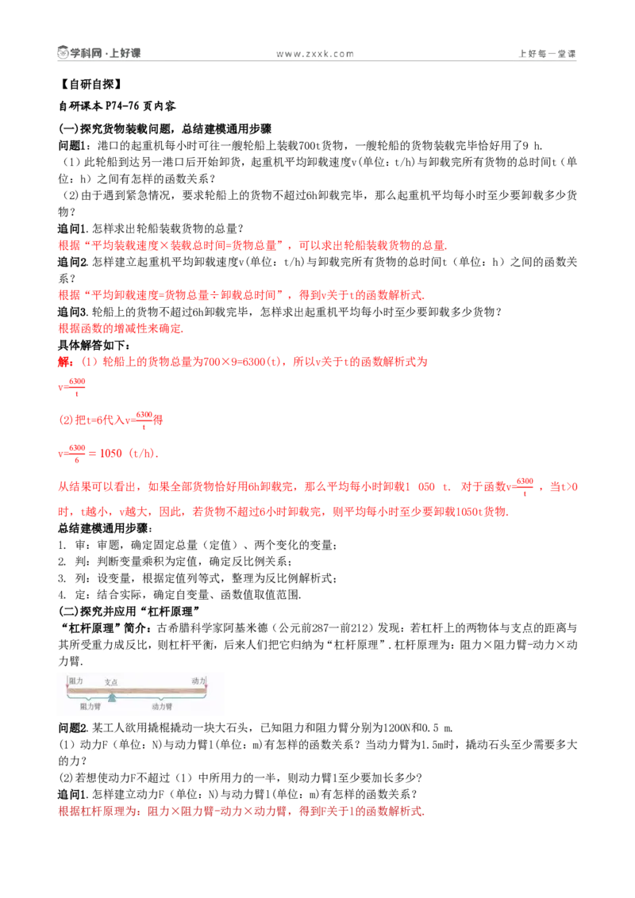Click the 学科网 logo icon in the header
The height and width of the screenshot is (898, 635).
63,52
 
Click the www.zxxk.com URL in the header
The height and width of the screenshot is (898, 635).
314,54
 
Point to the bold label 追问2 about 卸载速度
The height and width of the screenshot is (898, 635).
73,262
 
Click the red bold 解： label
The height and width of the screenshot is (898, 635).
65,362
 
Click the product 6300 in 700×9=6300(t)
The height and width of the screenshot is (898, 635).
254,362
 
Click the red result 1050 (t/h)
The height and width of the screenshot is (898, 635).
129,453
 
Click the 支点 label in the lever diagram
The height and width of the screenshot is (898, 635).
111,682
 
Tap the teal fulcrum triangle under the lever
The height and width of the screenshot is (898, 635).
113,697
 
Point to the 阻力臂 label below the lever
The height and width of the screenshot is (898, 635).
90,707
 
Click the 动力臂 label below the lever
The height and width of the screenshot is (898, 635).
162,707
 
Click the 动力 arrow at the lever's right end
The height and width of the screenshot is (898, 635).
206,683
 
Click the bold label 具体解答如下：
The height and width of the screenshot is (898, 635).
94,345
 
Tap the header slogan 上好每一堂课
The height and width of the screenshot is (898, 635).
547,54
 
